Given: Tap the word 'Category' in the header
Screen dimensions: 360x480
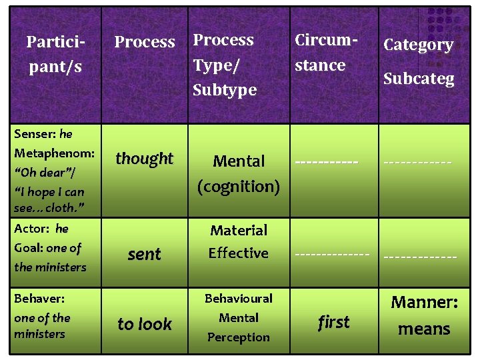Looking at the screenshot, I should tap(418, 45).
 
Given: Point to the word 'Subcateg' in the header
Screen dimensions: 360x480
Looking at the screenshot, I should tap(418, 79).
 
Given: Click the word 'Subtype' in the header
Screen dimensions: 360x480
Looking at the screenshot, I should tap(224, 89).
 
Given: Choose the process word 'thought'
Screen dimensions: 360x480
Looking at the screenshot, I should tap(144, 159).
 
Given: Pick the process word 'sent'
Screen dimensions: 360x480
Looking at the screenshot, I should tap(144, 254).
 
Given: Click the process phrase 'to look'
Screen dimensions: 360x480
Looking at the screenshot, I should tap(144, 324).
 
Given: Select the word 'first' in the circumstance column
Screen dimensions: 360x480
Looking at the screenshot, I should tap(333, 323).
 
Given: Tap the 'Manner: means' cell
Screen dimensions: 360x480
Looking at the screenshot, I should tap(424, 315).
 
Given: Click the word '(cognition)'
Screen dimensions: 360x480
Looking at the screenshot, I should tap(238, 186).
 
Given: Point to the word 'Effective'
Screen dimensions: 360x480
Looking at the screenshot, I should tap(238, 253).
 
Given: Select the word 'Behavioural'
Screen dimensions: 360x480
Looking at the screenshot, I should tap(238, 298).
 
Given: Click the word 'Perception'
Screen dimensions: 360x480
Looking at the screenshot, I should tap(238, 337).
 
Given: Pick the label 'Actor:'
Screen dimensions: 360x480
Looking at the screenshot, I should tap(31, 229).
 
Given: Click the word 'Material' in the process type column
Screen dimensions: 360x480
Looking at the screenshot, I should tap(238, 231).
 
